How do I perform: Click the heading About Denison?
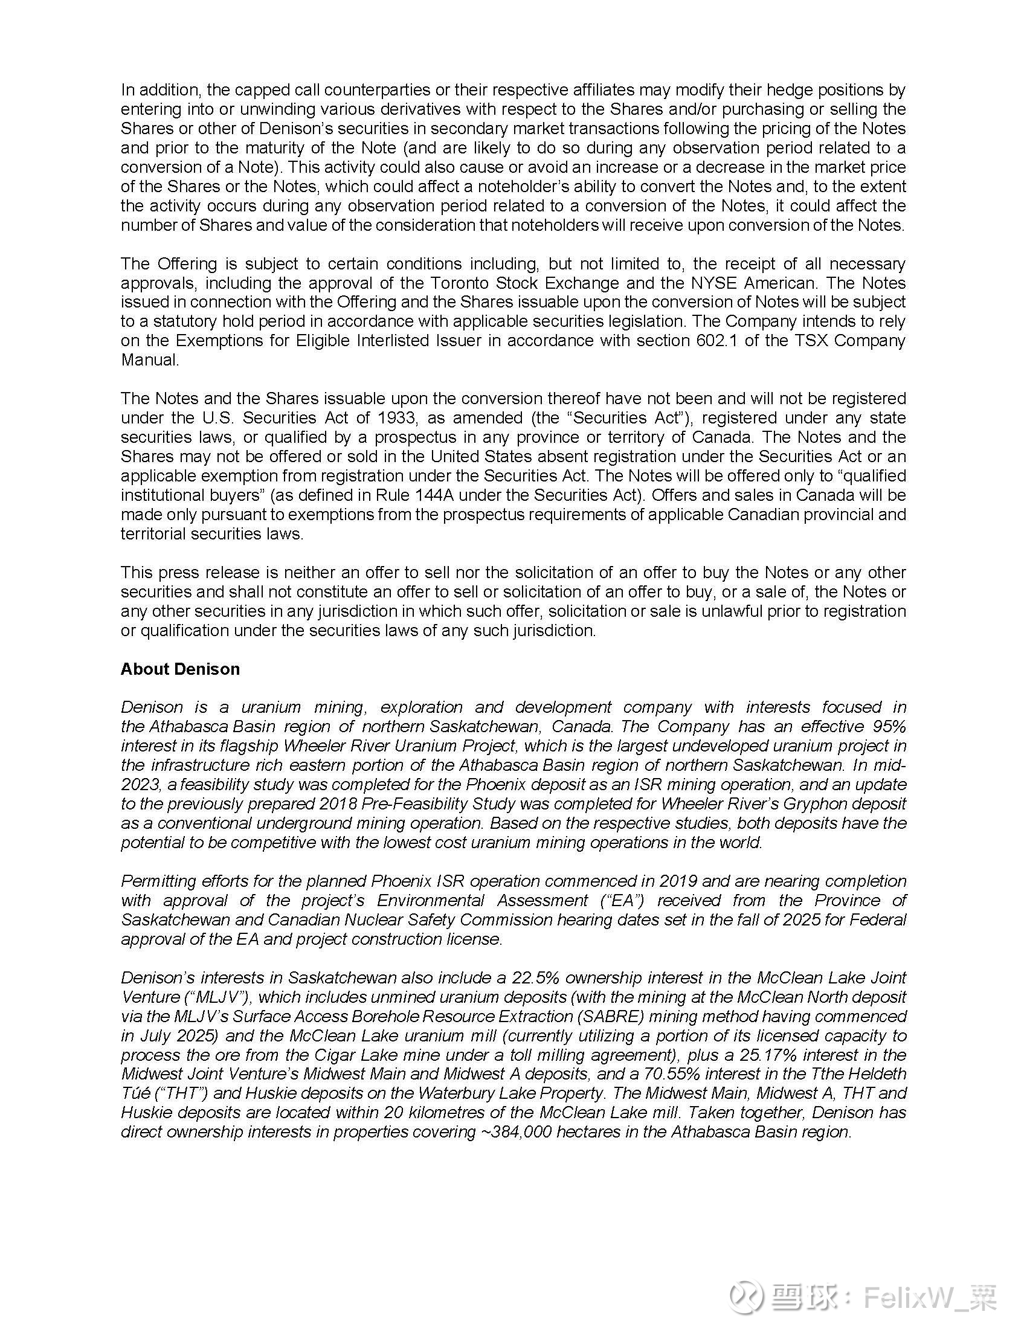click(x=180, y=669)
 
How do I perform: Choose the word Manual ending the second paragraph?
click(x=150, y=359)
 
